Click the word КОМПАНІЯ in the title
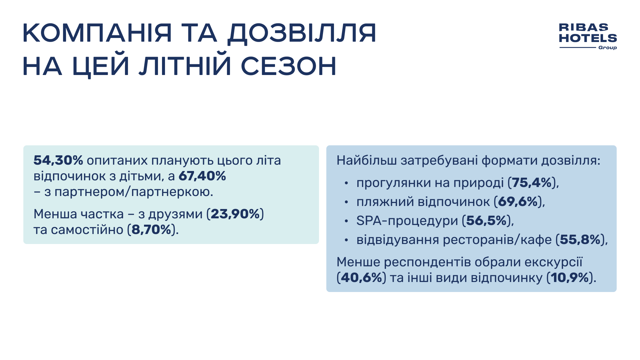point(97,33)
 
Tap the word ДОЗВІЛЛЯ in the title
point(302,33)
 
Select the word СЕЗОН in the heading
point(288,66)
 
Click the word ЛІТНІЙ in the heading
point(185,66)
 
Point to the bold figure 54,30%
point(58,161)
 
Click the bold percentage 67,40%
point(202,176)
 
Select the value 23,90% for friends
point(235,214)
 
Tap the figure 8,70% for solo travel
point(151,230)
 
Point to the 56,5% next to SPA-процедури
point(486,221)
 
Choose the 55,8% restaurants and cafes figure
point(580,240)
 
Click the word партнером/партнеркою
point(133,192)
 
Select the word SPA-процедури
point(407,221)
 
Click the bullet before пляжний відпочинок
point(346,202)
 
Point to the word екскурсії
point(553,262)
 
